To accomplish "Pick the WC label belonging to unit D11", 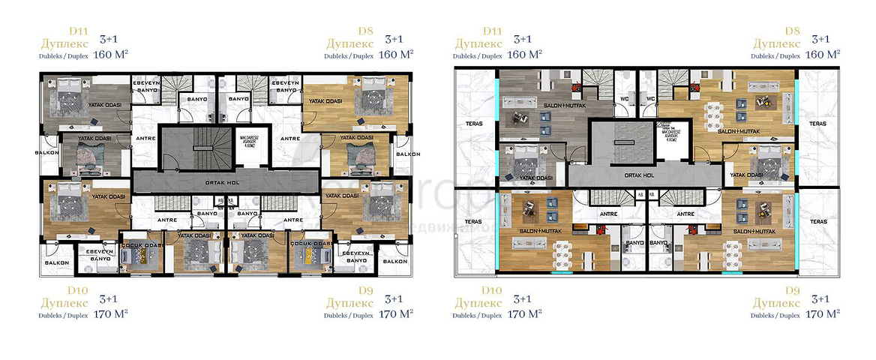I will (624, 98).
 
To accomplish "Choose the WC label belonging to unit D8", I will (651, 98).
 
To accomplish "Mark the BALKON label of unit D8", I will (408, 153).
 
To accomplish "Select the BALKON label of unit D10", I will (57, 262).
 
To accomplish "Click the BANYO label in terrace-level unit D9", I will (658, 244).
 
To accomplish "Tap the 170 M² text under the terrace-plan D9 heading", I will (822, 315).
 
